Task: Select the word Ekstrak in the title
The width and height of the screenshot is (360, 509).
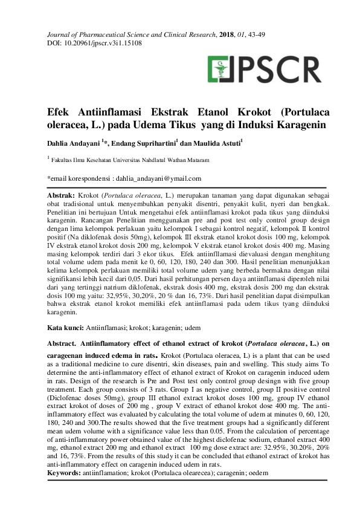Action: coord(173,112)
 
